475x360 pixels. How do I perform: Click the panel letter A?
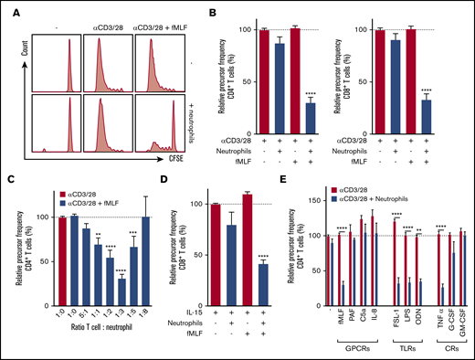(x=8, y=8)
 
